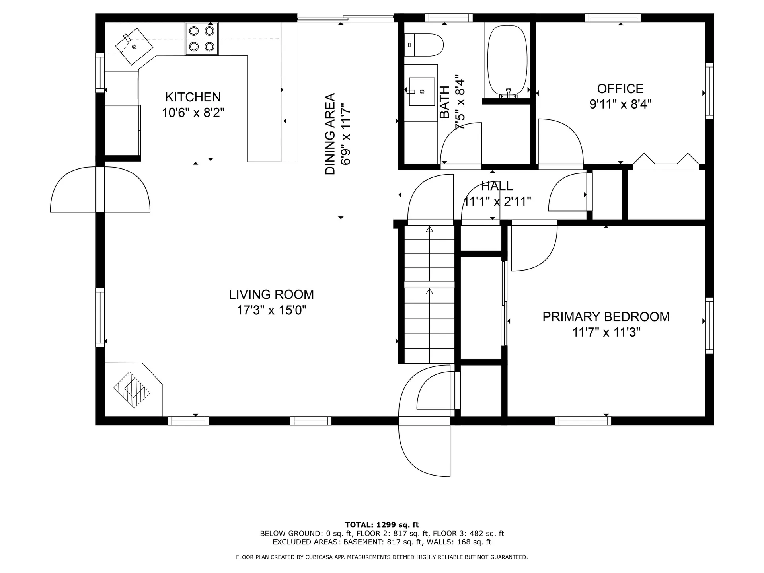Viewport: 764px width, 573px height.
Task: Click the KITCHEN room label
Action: [193, 97]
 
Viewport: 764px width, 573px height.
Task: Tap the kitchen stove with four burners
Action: [201, 39]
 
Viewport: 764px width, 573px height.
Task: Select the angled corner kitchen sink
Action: [134, 46]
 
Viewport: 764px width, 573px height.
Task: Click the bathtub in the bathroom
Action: [507, 60]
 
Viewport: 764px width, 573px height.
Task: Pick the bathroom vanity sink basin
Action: [422, 92]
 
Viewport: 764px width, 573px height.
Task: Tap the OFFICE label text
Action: [620, 88]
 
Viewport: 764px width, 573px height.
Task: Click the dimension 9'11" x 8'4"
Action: [620, 104]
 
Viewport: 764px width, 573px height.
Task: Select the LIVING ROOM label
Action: [271, 294]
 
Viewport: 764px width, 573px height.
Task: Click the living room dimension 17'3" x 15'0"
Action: [271, 310]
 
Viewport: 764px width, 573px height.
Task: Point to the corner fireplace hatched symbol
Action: [132, 390]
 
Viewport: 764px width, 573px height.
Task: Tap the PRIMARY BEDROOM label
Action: [606, 317]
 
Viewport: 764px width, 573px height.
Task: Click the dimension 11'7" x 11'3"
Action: [606, 332]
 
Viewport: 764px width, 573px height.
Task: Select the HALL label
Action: [497, 186]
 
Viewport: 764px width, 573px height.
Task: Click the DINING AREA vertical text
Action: [330, 134]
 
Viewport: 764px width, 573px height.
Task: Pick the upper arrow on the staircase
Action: [429, 230]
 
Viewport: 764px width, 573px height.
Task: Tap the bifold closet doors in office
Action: [666, 159]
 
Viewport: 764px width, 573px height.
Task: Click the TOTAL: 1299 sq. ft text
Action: [382, 525]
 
